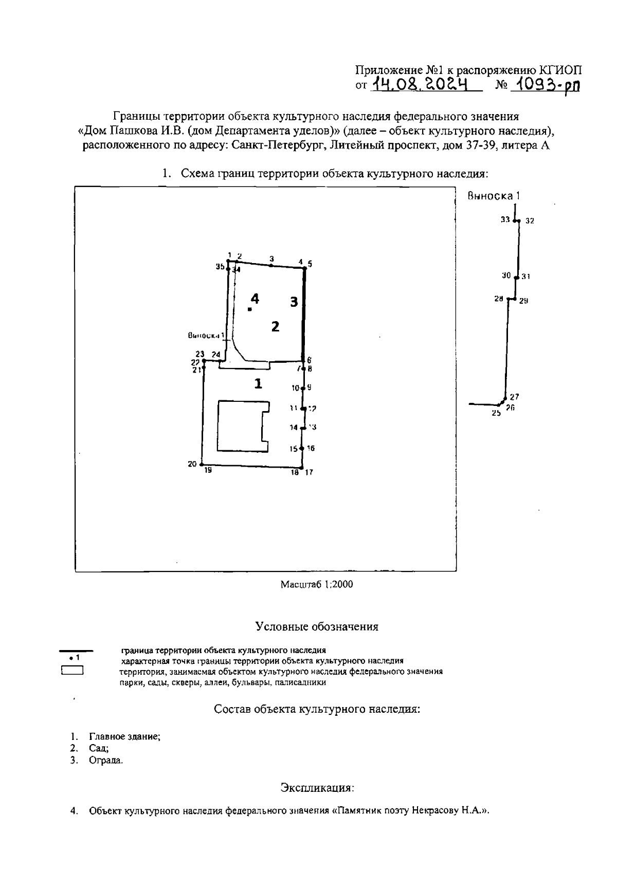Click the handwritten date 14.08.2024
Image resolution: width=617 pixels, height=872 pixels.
pos(422,84)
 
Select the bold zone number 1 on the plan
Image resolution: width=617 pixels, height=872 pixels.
pos(258,383)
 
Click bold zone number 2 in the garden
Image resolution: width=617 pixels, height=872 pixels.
pos(275,326)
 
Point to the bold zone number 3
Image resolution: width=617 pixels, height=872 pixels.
pos(294,302)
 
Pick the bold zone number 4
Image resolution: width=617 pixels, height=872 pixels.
pos(255,298)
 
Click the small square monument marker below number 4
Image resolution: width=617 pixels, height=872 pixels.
pos(249,309)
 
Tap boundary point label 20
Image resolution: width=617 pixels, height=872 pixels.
pos(192,464)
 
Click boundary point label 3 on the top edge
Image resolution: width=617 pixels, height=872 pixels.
pos(271,258)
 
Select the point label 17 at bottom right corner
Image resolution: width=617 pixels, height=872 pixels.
pos(309,472)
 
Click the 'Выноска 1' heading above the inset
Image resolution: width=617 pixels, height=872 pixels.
pos(494,195)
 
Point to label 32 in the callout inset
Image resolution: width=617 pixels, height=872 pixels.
pos(530,221)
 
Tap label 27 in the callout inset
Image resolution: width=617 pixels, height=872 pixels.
pos(514,397)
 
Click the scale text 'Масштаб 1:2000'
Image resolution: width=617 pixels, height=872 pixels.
pos(317,584)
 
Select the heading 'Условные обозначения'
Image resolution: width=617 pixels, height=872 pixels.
pos(317,626)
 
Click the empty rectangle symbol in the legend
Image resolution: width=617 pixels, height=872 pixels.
pos(72,671)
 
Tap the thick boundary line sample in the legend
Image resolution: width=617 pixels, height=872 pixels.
pos(77,651)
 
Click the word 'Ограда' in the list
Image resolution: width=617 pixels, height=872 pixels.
pos(106,760)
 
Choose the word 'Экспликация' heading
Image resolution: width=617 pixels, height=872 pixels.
pos(317,787)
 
